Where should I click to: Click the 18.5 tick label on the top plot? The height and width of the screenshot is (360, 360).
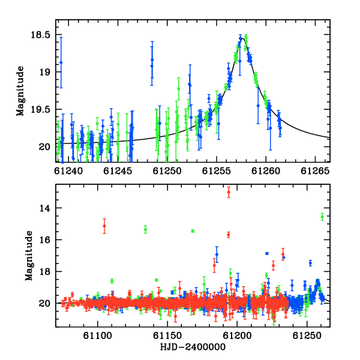coord(40,35)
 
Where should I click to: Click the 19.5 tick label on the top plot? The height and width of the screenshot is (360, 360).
coord(40,110)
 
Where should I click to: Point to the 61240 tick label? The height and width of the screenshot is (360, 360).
coord(68,171)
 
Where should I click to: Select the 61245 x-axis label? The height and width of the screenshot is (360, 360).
coord(118,171)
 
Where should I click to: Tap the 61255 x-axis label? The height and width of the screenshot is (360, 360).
coord(216,171)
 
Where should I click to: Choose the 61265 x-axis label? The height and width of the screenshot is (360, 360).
coord(315,171)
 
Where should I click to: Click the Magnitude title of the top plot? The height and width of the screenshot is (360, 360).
coord(20,91)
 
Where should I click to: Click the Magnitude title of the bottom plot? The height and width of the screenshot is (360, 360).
coord(29,256)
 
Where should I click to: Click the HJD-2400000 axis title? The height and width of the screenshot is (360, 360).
coord(193,347)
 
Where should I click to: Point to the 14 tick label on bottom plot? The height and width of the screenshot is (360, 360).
coord(44,208)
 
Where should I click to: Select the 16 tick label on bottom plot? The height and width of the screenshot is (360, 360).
coord(44,239)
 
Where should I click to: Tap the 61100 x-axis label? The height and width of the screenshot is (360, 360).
coord(98,336)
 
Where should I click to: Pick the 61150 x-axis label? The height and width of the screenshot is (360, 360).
coord(167,336)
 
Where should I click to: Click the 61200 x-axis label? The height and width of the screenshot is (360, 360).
coord(237,336)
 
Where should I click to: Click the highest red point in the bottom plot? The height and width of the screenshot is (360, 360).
coord(229,192)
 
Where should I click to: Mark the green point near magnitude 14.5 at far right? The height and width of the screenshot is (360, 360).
coord(322,217)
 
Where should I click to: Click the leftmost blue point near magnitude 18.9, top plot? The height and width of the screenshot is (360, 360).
coord(61,62)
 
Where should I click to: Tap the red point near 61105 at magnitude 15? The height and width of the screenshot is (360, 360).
coord(104,226)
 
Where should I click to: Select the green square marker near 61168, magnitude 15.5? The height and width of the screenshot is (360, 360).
coord(193,231)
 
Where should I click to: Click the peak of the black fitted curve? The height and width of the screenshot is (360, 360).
coord(243,38)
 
